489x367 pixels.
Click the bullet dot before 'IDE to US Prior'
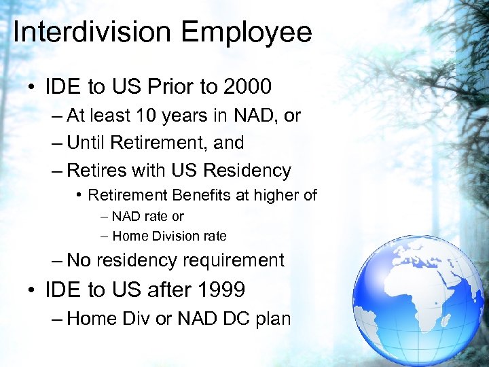pos(32,88)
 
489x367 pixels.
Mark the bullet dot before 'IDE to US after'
pos(32,291)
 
